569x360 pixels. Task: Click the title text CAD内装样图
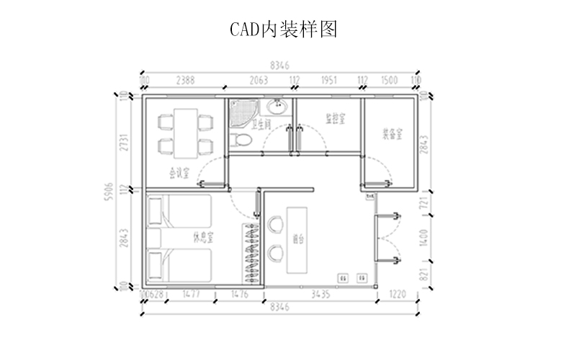tap(283, 30)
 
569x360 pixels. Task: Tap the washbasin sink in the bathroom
tap(277, 107)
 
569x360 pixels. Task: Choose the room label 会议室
tap(179, 172)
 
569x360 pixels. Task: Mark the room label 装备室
tap(392, 134)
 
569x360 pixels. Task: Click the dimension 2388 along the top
tap(185, 80)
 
